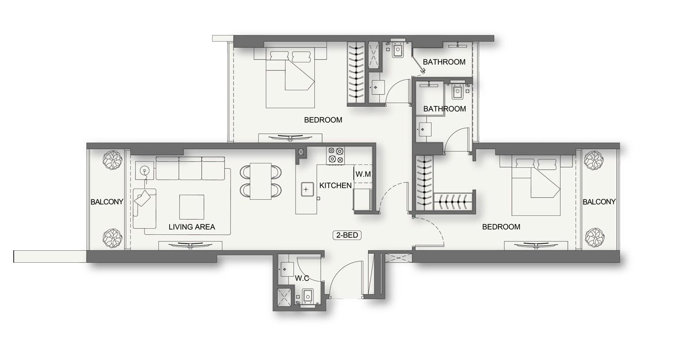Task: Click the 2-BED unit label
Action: pyautogui.click(x=348, y=235)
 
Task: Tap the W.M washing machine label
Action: pyautogui.click(x=363, y=174)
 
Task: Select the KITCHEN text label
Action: pyautogui.click(x=335, y=186)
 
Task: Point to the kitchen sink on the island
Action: pyautogui.click(x=306, y=189)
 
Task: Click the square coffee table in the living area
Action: pyautogui.click(x=192, y=207)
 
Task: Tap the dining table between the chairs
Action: pyautogui.click(x=260, y=180)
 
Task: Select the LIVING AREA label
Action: pyautogui.click(x=192, y=227)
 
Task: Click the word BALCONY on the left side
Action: pyautogui.click(x=107, y=202)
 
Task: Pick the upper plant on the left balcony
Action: pyautogui.click(x=112, y=161)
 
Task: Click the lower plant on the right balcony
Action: pyautogui.click(x=594, y=238)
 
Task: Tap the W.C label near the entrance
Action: pyautogui.click(x=302, y=278)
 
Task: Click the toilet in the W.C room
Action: pyautogui.click(x=307, y=296)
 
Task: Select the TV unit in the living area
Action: pyautogui.click(x=190, y=245)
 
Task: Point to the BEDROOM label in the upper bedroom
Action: pyautogui.click(x=323, y=120)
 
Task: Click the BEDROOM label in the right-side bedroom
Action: pyautogui.click(x=501, y=227)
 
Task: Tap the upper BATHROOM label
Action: pyautogui.click(x=444, y=62)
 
